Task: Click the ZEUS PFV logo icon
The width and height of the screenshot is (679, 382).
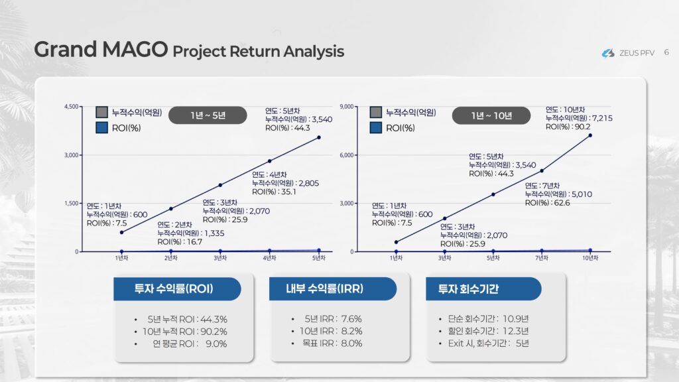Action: pos(608,53)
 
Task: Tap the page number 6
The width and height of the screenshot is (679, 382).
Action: pos(666,52)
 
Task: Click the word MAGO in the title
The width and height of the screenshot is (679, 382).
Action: pos(135,49)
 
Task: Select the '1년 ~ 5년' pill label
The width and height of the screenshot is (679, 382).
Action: pos(208,115)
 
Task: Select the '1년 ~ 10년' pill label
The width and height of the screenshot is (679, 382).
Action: pos(491,115)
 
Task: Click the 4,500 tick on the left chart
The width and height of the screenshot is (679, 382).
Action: pos(72,107)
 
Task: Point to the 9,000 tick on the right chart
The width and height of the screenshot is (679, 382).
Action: pos(347,107)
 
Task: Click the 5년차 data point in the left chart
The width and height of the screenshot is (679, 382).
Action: pos(319,137)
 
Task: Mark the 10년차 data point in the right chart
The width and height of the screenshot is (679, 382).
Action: pos(590,135)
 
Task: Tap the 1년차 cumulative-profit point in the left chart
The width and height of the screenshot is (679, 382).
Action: pos(122,233)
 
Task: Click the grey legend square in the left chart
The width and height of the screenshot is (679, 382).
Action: pos(101,112)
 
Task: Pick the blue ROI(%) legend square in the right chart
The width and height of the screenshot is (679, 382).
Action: pos(376,128)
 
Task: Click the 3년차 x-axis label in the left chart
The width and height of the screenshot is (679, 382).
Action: pos(220,258)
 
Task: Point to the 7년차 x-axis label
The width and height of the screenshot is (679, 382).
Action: pos(542,258)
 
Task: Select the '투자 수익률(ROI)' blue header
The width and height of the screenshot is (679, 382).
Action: pos(177,289)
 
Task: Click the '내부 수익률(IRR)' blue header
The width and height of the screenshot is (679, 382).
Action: pos(333,289)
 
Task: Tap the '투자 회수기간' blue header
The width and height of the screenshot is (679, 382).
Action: pos(483,289)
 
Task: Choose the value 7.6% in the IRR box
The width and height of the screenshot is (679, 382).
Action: pos(351,319)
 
